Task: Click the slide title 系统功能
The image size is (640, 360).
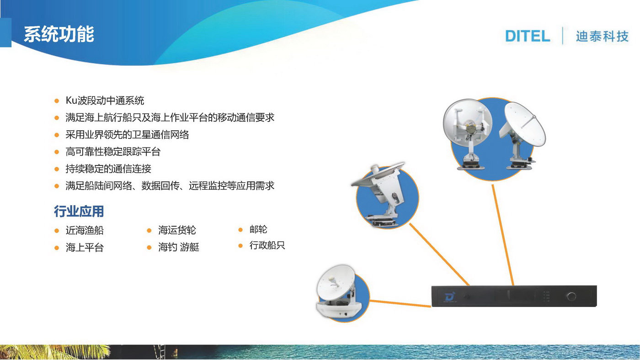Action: [59, 34]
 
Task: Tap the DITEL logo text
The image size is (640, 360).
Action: [528, 36]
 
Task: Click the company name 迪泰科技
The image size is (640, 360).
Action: [603, 37]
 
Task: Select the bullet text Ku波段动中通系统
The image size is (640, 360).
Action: [105, 101]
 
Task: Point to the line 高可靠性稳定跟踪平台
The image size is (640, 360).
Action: [113, 152]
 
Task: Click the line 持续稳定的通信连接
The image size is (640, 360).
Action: [108, 169]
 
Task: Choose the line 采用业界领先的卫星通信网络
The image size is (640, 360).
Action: [127, 135]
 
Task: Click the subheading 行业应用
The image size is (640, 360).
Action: [79, 211]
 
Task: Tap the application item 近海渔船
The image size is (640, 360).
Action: [85, 230]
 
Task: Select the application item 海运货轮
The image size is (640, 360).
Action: [177, 230]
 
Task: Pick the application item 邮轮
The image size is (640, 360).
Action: [258, 229]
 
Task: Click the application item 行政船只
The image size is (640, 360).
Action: [267, 245]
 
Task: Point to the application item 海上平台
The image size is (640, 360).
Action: [85, 247]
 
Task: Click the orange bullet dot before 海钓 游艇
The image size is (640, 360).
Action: [149, 248]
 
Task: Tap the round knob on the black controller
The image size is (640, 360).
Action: [571, 296]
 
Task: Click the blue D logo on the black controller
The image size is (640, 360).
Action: [449, 296]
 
